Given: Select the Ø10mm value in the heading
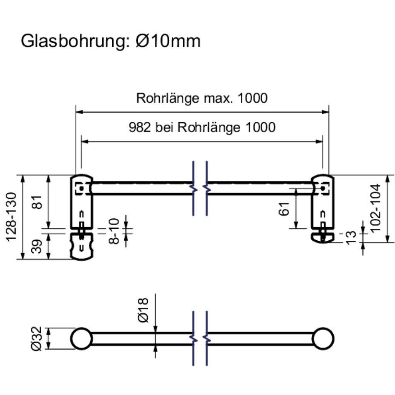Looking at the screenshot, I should pyautogui.click(x=168, y=41).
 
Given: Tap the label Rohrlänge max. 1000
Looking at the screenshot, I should pyautogui.click(x=202, y=98).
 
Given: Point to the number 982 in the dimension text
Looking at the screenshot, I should pyautogui.click(x=140, y=127).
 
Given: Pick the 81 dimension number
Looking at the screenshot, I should pyautogui.click(x=37, y=201).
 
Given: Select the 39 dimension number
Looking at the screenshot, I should pyautogui.click(x=37, y=246).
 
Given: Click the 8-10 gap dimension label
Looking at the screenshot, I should pyautogui.click(x=114, y=231).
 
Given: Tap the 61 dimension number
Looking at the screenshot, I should pyautogui.click(x=284, y=209).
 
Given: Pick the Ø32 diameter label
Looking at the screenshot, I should pyautogui.click(x=37, y=339).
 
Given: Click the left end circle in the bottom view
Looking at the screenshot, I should pyautogui.click(x=82, y=339).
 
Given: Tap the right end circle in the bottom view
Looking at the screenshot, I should pyautogui.click(x=323, y=339).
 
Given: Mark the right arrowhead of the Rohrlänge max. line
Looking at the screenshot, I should pyautogui.click(x=326, y=112).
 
